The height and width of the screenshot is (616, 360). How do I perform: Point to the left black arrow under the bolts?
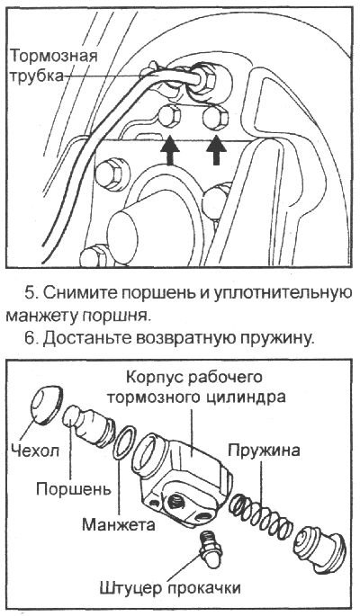pos(169,150)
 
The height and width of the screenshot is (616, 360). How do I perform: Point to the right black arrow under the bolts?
pos(215,150)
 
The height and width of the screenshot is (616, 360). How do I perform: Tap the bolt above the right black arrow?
pos(216,117)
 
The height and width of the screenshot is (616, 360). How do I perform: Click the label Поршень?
pos(75,490)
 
